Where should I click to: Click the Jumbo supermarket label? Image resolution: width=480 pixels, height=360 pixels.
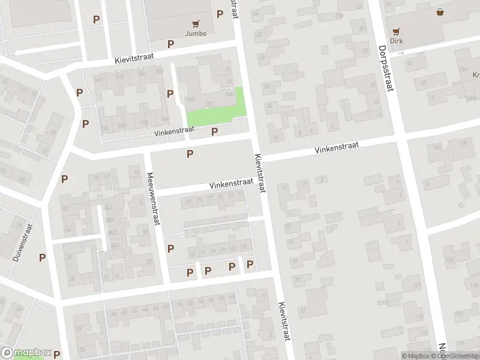196,34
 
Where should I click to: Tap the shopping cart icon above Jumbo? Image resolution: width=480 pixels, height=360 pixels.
196,24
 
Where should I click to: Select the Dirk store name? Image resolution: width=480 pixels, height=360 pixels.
396,41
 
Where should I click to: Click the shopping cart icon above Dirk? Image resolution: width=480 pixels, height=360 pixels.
396,32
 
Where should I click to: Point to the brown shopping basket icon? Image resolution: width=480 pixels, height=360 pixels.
440,12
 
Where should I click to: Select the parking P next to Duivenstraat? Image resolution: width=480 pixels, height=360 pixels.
42,257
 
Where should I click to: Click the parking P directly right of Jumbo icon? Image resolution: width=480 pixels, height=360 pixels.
220,13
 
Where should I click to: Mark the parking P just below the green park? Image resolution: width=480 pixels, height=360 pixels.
214,131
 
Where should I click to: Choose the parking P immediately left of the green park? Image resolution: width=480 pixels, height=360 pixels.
170,94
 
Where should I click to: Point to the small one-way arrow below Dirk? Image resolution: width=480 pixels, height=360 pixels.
401,53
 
